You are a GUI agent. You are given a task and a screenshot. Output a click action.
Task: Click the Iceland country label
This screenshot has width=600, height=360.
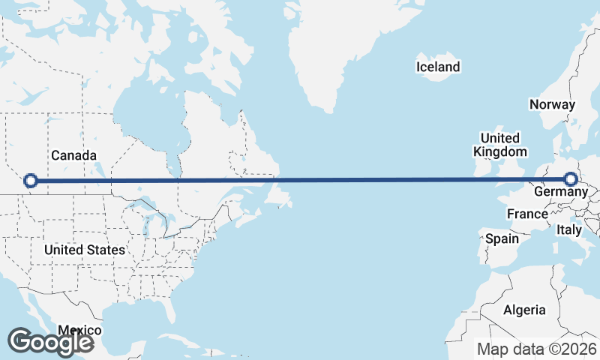click(x=438, y=67)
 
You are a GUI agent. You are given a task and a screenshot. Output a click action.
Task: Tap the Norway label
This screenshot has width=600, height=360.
click(x=552, y=105)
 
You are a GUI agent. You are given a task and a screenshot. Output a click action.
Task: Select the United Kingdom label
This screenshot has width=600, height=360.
click(x=499, y=145)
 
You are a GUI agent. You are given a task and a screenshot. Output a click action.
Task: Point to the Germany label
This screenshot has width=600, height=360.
click(x=560, y=192)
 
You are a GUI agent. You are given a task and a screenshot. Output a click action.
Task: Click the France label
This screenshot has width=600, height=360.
click(x=527, y=214)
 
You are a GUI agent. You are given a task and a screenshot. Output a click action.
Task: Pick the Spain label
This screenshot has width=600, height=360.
click(x=502, y=238)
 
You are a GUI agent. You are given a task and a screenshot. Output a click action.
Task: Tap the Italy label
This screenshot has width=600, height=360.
click(x=569, y=230)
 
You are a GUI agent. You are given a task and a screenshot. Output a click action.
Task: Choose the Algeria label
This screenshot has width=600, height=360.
click(x=524, y=310)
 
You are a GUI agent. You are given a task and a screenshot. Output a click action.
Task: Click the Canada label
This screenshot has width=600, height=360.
click(x=73, y=155)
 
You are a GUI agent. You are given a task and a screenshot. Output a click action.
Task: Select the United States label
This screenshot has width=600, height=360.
click(x=84, y=249)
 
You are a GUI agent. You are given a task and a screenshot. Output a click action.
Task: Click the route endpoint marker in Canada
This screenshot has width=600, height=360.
click(x=31, y=180)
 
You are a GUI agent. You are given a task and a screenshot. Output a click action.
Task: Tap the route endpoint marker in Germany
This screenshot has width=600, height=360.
click(x=571, y=179)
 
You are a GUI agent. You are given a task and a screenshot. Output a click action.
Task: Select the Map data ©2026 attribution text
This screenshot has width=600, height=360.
click(x=537, y=349)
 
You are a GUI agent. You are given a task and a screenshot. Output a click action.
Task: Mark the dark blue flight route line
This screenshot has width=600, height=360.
click(x=300, y=180)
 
